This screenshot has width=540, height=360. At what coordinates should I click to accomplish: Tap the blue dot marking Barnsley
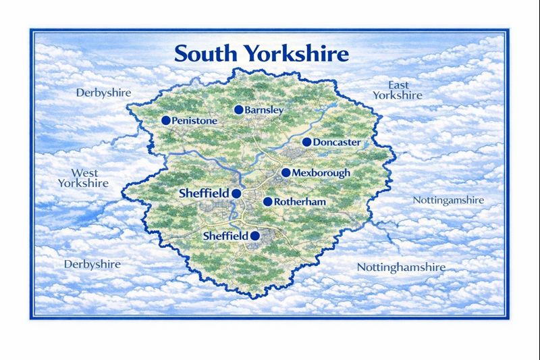(x=238, y=109)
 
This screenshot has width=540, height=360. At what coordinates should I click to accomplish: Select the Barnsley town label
(x=265, y=110)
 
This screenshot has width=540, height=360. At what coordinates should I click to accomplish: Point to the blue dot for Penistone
(x=165, y=120)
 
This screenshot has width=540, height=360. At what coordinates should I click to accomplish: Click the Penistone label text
(x=195, y=121)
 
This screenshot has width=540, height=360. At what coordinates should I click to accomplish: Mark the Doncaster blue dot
(x=306, y=142)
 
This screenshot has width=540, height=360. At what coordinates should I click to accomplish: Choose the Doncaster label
(x=337, y=143)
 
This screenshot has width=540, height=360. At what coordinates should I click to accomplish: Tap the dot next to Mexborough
(x=286, y=172)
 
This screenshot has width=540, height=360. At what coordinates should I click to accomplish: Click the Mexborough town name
(x=321, y=174)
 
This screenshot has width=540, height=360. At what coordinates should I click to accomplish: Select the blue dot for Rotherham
(x=267, y=201)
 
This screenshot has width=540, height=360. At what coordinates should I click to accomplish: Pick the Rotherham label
(x=300, y=202)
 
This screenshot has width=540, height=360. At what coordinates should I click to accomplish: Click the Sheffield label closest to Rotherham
(x=204, y=193)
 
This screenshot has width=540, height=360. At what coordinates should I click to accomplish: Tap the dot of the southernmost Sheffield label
(x=255, y=236)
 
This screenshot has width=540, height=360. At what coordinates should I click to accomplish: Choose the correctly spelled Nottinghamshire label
(x=401, y=267)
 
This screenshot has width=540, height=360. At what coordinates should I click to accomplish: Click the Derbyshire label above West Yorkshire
(x=103, y=92)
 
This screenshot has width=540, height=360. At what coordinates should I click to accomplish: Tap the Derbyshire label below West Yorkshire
(x=92, y=264)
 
